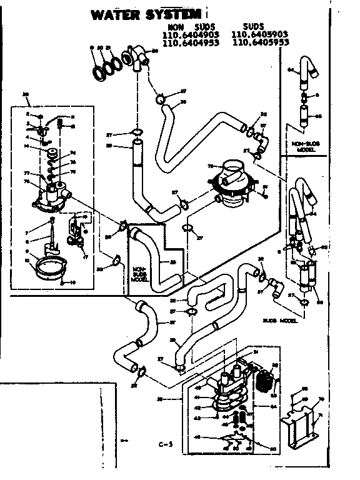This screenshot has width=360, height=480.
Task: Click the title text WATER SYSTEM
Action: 146,13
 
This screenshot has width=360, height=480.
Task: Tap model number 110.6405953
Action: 260,44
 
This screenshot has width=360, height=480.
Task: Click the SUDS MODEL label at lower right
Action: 279,320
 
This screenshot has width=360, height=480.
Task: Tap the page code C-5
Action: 166,445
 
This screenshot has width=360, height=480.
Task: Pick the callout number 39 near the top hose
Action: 184,101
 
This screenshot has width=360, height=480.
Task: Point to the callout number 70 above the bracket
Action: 322,398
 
